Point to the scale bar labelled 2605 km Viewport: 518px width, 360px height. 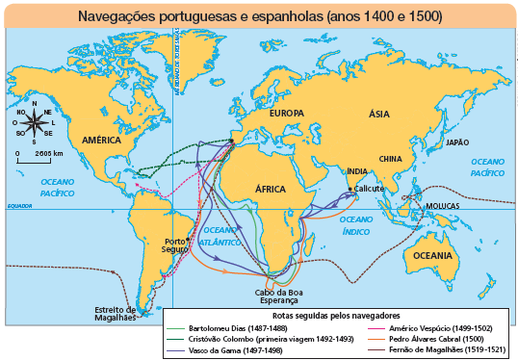click(35, 158)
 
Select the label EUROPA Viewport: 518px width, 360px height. click(286, 114)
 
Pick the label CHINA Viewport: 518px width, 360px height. click(390, 158)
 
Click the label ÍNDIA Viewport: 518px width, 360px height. click(356, 171)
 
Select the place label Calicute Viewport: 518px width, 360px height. click(371, 189)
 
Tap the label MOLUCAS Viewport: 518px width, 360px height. click(443, 206)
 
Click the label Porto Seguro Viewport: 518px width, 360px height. click(175, 244)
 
